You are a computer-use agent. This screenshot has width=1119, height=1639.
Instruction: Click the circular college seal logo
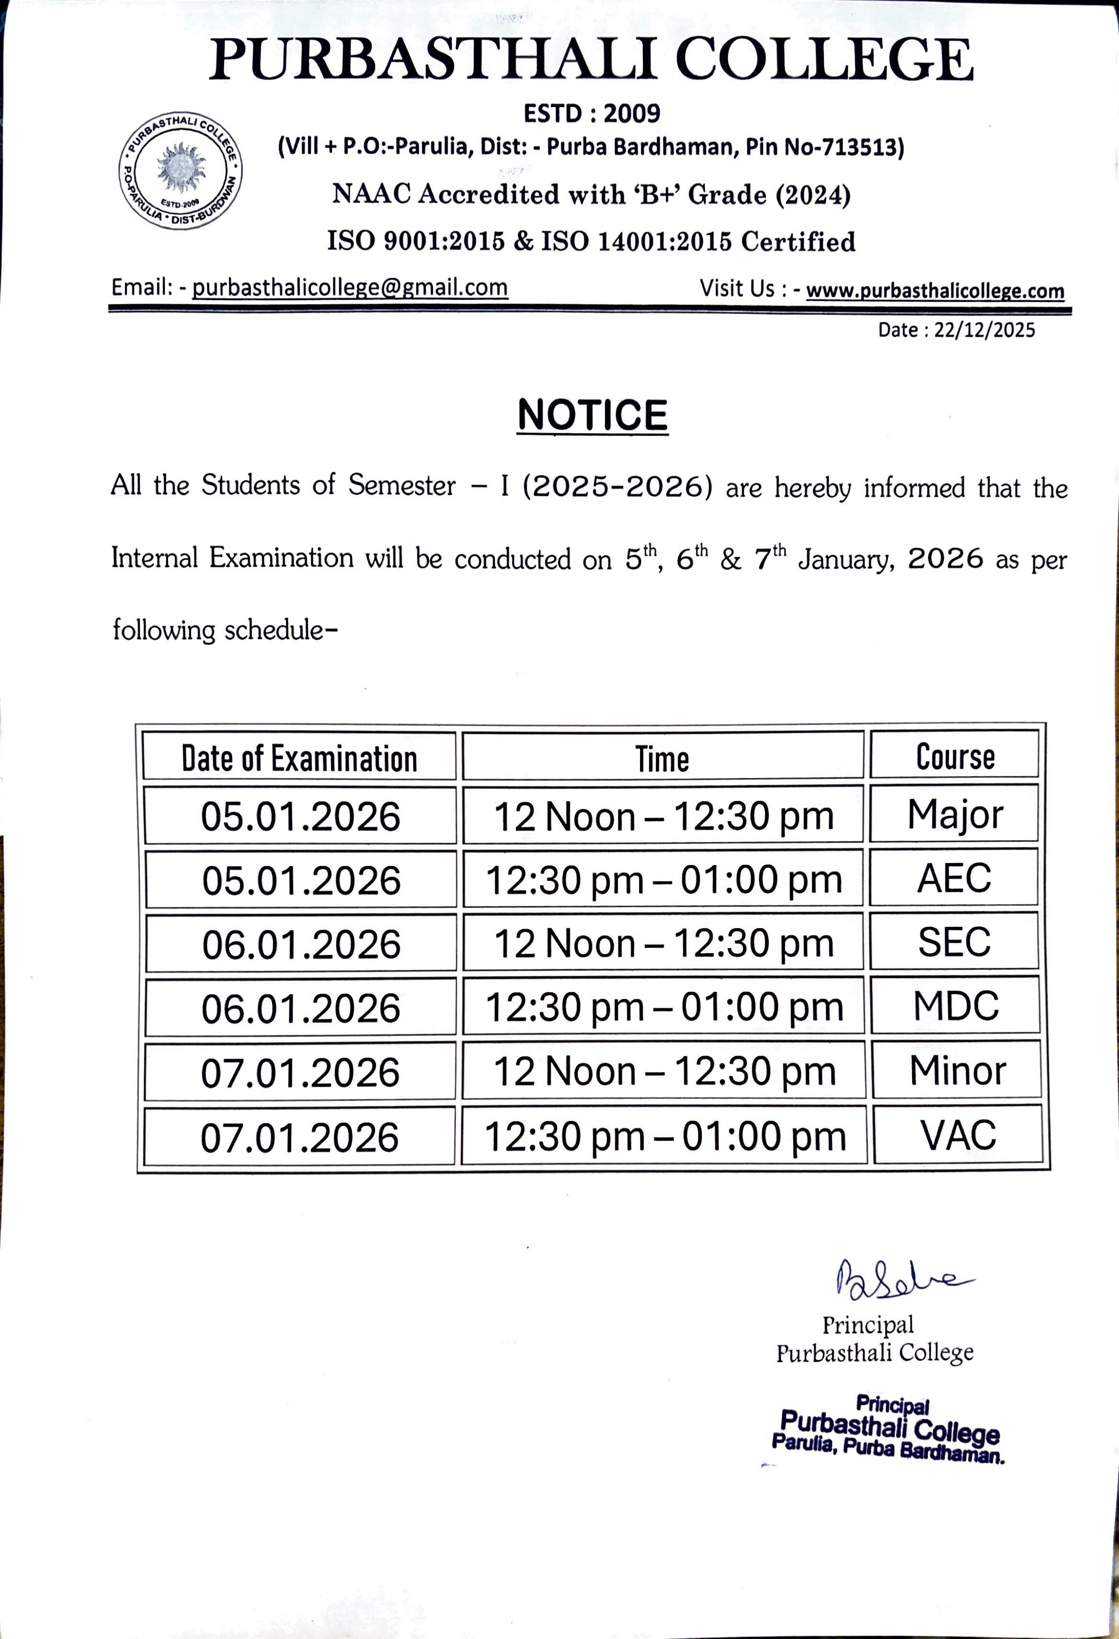click(181, 170)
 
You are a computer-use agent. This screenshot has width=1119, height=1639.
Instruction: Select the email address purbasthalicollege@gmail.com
click(350, 288)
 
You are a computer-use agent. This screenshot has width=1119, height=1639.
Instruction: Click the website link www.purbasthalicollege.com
click(935, 290)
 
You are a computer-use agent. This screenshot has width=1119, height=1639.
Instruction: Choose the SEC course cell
click(955, 942)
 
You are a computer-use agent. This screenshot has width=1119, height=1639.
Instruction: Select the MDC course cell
click(956, 1006)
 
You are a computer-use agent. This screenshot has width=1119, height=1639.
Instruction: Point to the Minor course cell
click(957, 1071)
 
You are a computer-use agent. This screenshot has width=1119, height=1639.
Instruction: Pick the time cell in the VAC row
click(664, 1136)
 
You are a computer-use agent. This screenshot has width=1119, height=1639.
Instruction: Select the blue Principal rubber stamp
click(889, 1429)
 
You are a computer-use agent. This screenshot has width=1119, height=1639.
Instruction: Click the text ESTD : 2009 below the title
click(592, 113)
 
